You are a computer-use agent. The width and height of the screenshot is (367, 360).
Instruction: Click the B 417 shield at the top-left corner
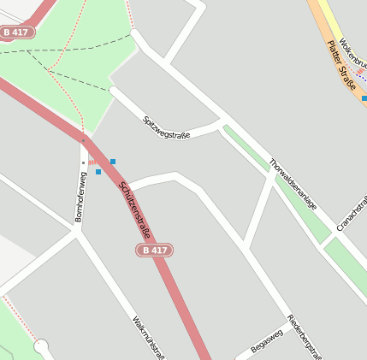(17, 32)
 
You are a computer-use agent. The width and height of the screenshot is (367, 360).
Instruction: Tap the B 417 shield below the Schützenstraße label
(154, 250)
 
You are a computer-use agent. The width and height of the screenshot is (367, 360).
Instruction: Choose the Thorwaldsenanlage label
(293, 184)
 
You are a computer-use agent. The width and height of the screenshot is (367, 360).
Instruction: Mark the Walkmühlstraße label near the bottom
(148, 338)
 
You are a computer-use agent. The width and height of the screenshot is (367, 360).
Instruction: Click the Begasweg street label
(266, 341)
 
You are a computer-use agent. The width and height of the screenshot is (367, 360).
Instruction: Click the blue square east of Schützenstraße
(112, 162)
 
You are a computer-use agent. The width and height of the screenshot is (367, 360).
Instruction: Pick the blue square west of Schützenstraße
(98, 172)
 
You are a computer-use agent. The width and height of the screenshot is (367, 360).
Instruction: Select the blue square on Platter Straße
(364, 98)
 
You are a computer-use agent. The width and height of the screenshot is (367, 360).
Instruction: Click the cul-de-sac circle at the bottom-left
(41, 346)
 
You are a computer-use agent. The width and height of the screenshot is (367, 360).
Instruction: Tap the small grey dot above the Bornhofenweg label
(84, 162)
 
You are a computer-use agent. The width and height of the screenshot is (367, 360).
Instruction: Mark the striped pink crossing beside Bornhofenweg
(91, 162)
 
